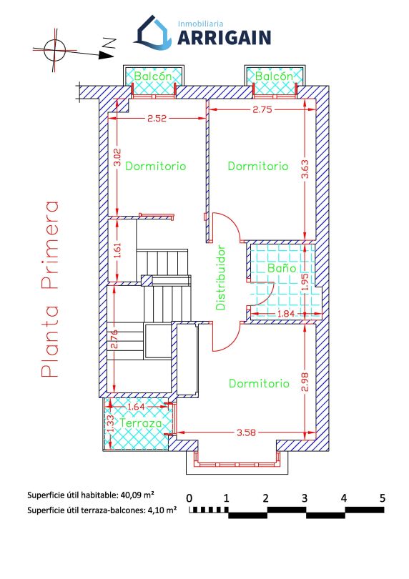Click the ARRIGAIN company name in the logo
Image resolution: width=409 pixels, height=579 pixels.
tap(225, 38)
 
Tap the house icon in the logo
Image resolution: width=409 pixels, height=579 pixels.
tap(152, 32)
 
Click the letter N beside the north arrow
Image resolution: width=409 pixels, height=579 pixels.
tap(109, 43)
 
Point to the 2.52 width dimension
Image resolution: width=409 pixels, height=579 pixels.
tap(157, 119)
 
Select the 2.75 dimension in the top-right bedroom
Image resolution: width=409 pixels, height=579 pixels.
tap(262, 109)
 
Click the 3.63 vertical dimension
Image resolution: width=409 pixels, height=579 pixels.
tap(305, 169)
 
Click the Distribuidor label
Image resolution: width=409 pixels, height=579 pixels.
tap(220, 277)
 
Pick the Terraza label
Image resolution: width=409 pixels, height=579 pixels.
tap(141, 423)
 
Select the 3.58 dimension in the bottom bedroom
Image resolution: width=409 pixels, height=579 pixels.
tap(246, 432)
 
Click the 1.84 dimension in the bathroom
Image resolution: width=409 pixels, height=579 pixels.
tap(285, 314)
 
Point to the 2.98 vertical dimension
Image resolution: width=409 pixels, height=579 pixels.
tap(305, 382)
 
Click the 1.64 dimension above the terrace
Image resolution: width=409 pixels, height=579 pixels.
tap(137, 407)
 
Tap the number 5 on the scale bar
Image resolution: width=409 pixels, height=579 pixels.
tap(383, 498)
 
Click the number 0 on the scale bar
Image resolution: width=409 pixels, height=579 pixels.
tap(189, 498)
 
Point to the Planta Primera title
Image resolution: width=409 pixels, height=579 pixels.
tap(50, 289)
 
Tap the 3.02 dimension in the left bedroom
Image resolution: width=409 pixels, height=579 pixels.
tap(117, 158)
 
